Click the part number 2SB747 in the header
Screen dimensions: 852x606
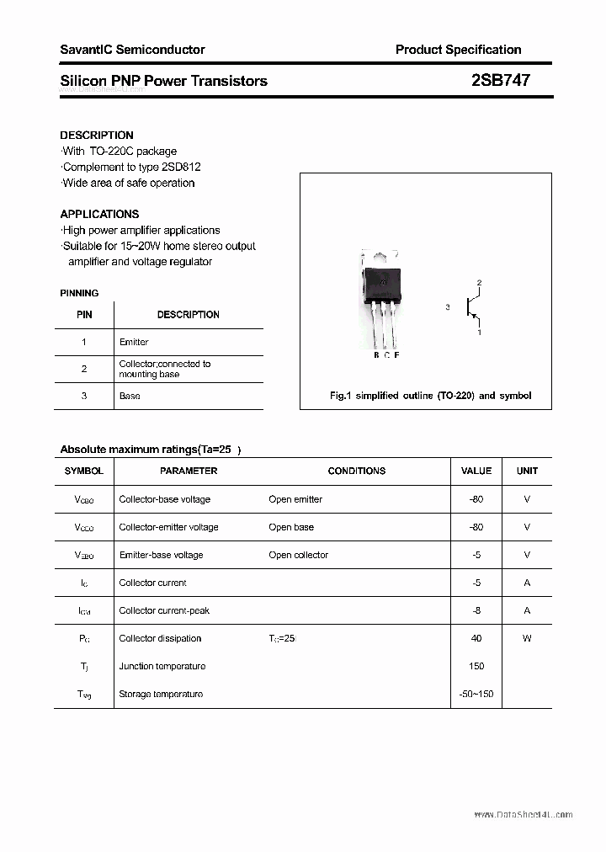click(x=501, y=81)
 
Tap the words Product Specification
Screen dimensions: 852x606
click(x=458, y=50)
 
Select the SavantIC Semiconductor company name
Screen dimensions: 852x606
click(x=132, y=50)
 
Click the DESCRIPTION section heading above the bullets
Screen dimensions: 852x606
click(x=97, y=135)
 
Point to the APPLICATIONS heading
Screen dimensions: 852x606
click(x=99, y=214)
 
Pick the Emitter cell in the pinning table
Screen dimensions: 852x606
click(x=134, y=342)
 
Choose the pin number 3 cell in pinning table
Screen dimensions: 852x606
click(x=84, y=396)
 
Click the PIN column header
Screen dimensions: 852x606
click(x=84, y=314)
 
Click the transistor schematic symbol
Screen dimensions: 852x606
click(x=473, y=308)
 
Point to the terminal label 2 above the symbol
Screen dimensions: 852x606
click(x=479, y=283)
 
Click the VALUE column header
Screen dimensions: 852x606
click(x=476, y=471)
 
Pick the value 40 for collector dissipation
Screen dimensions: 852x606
click(x=476, y=638)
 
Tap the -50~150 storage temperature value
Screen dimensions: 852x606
click(x=476, y=694)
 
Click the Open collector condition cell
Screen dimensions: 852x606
click(x=299, y=555)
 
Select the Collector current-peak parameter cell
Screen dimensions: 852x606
click(x=164, y=610)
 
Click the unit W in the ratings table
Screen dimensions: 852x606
click(x=527, y=638)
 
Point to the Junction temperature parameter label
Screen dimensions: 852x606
click(x=162, y=666)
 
